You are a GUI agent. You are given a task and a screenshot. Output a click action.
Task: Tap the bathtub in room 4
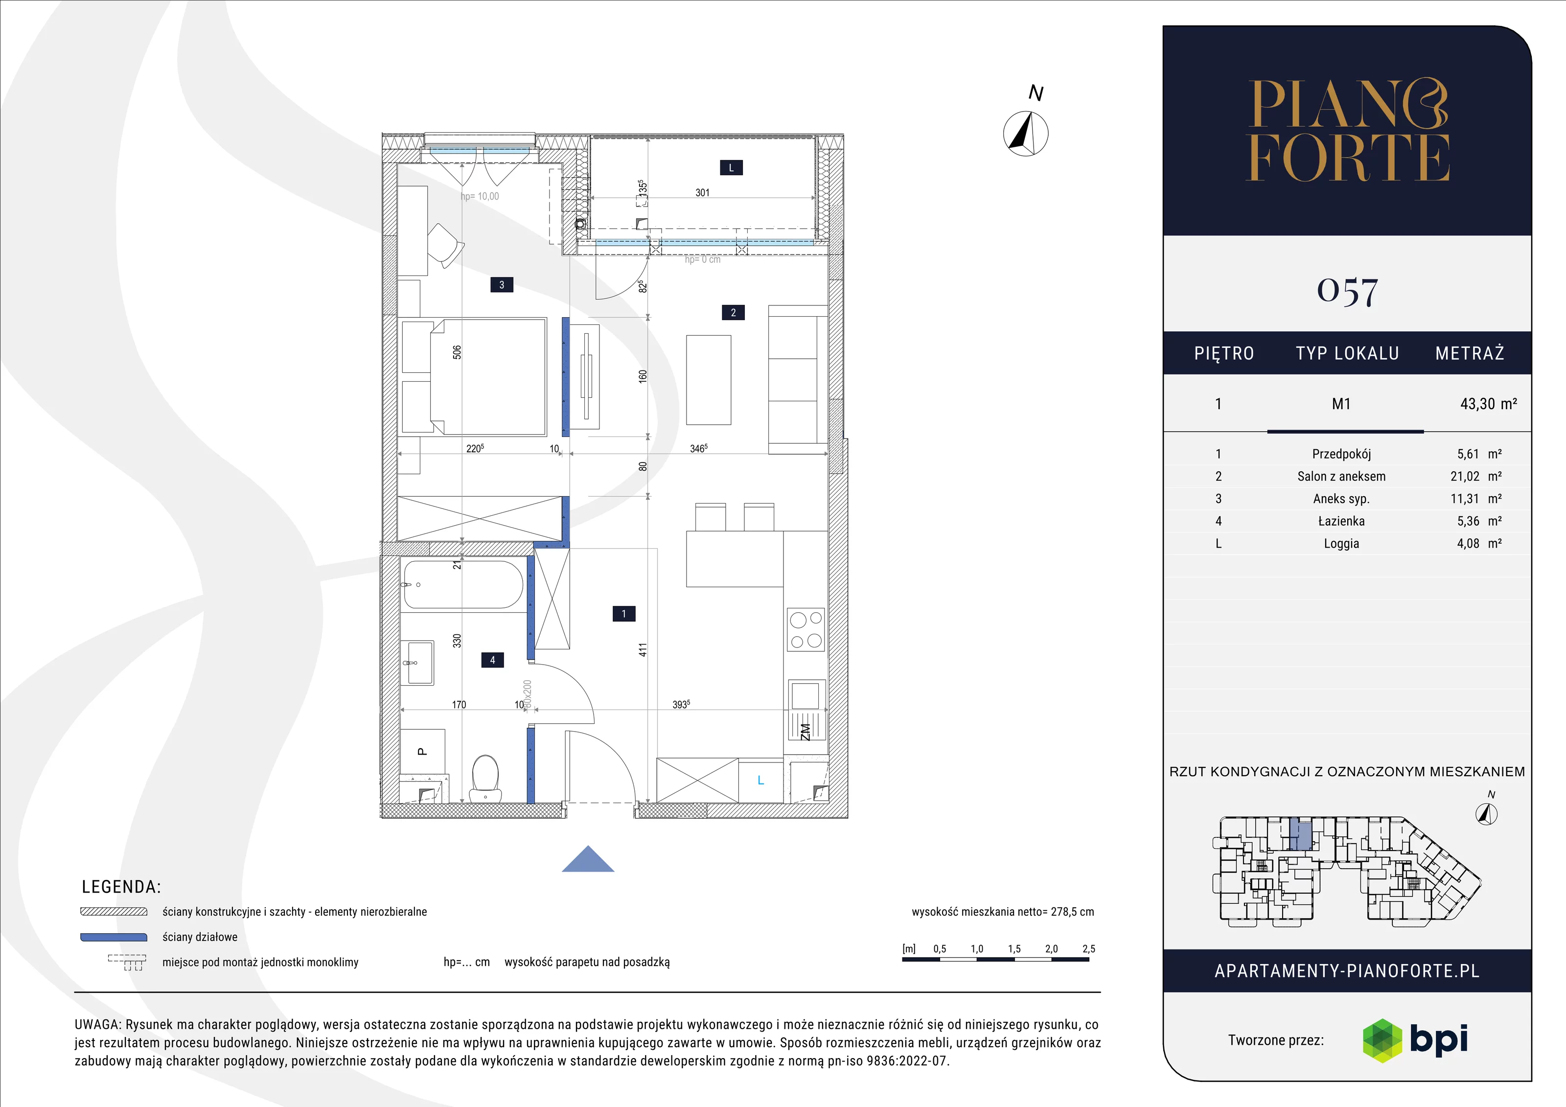pos(463,584)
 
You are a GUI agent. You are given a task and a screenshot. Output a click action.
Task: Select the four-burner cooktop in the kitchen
pos(806,629)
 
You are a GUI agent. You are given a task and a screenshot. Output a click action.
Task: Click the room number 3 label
pos(502,285)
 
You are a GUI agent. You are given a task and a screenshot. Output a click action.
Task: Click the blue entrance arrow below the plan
pos(588,859)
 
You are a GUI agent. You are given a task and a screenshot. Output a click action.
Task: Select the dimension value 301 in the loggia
pos(703,193)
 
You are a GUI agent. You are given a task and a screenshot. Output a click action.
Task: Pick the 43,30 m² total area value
pos(1488,404)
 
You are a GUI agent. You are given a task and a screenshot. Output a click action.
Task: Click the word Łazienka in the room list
pos(1341,521)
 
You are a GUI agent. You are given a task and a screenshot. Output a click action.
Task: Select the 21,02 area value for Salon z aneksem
pos(1464,477)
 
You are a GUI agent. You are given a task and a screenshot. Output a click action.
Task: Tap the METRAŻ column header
pos(1469,353)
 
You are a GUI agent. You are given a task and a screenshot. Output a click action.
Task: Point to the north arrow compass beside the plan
pos(1026,134)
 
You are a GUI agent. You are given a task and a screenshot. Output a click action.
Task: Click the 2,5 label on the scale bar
pos(1088,949)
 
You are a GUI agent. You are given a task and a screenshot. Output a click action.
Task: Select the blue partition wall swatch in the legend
pos(114,937)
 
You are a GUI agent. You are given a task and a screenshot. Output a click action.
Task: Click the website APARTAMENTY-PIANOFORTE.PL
pos(1347,971)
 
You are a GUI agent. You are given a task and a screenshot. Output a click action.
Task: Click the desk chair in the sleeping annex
pos(445,246)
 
